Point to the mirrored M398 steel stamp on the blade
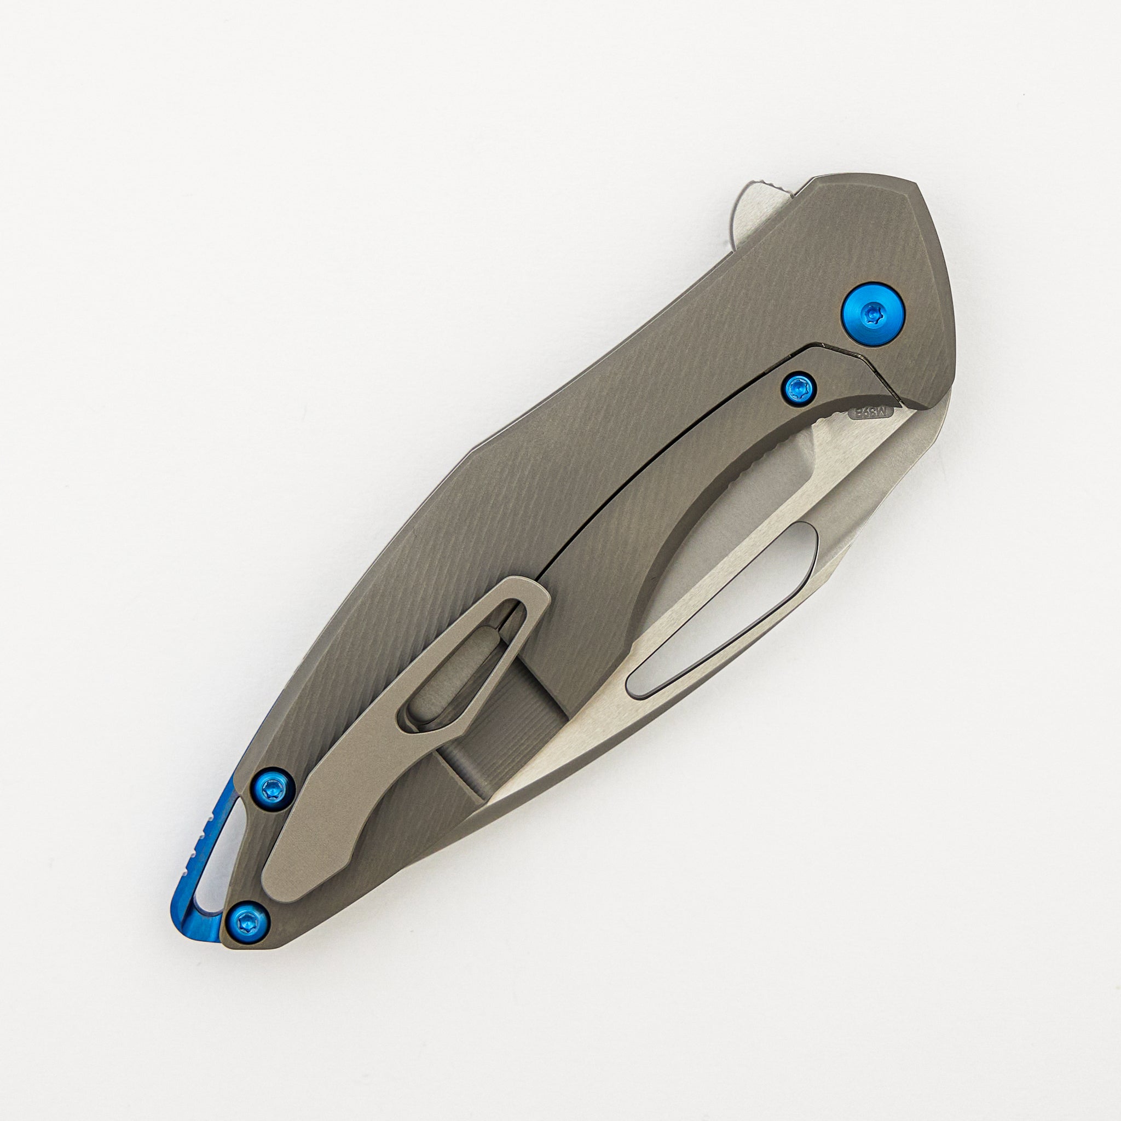click(871, 413)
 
